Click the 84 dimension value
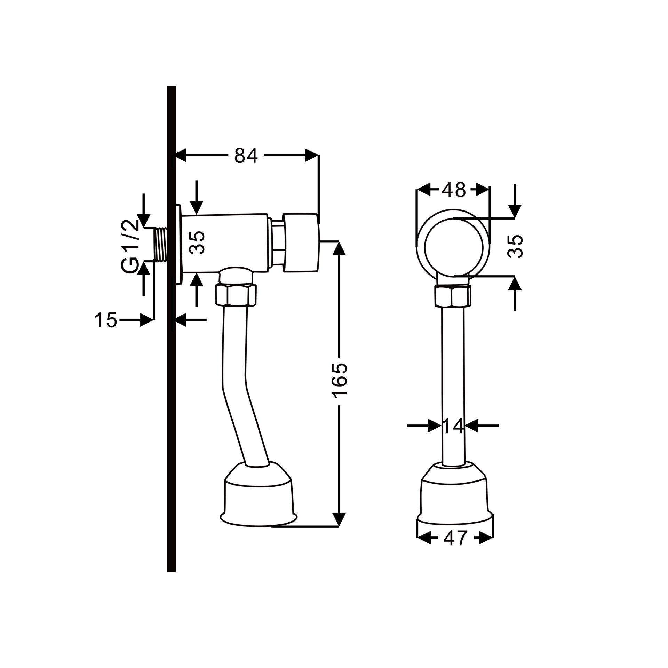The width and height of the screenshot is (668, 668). pyautogui.click(x=246, y=155)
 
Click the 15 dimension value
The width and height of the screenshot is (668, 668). pyautogui.click(x=106, y=320)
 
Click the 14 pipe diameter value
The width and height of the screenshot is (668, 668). pyautogui.click(x=453, y=425)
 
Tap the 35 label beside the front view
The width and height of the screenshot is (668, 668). pyautogui.click(x=516, y=246)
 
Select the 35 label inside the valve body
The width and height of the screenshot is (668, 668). pyautogui.click(x=198, y=242)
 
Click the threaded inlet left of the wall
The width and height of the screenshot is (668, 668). pyautogui.click(x=161, y=245)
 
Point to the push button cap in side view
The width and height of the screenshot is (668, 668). pyautogui.click(x=301, y=242)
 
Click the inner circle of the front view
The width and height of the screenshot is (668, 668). pyautogui.click(x=454, y=219)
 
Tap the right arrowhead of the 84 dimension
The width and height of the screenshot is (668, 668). pyautogui.click(x=312, y=155)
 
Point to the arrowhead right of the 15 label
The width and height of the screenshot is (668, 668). pyautogui.click(x=147, y=320)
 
